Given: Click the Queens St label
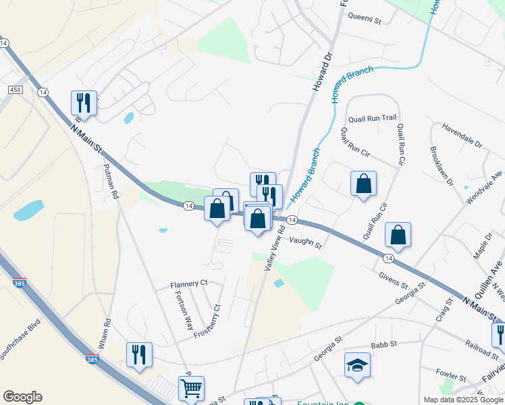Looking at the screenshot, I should (x=365, y=19).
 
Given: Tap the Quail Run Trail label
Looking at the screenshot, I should (x=372, y=118).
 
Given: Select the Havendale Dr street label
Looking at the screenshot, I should (x=462, y=136).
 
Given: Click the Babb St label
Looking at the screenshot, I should (x=381, y=344).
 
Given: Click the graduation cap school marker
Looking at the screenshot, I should (x=358, y=365).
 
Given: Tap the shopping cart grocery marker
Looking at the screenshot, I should (x=191, y=389).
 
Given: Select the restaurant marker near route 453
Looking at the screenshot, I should (x=84, y=103).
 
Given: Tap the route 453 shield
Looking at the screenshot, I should (x=15, y=89).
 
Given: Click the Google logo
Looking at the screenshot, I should (x=22, y=397).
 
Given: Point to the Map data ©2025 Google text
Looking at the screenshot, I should (x=462, y=400).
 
